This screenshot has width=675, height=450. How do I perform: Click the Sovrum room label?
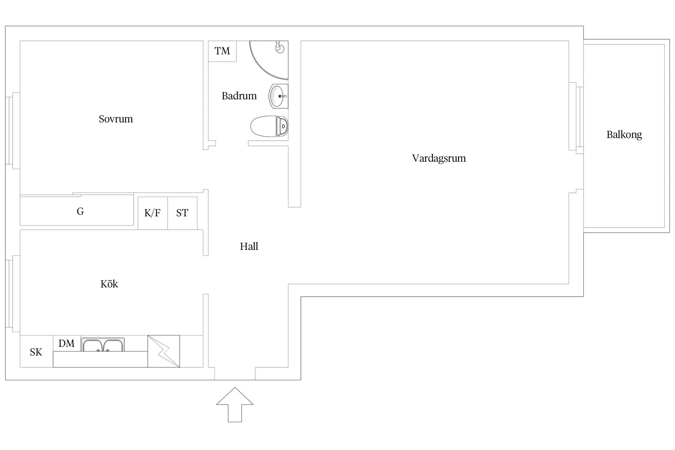[116, 119]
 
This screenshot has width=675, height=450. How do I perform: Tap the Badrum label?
[239, 96]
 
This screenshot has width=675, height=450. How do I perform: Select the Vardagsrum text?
[439, 158]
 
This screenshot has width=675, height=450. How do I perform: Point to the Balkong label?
[624, 135]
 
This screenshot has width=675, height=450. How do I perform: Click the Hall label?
[249, 246]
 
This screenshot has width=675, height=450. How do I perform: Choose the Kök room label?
[109, 284]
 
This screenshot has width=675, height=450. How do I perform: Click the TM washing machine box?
[222, 51]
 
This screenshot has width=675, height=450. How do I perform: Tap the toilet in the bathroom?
[269, 126]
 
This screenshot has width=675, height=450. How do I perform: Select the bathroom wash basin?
[278, 96]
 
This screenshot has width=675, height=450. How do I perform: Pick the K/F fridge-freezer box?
[153, 213]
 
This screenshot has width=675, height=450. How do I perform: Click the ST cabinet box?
[182, 213]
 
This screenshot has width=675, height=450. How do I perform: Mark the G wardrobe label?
[80, 211]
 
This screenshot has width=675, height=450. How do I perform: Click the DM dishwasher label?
[67, 343]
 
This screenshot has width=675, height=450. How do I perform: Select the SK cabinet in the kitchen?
[36, 352]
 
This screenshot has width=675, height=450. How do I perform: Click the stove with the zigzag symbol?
[164, 351]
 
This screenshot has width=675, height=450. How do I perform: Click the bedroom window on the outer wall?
[13, 130]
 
